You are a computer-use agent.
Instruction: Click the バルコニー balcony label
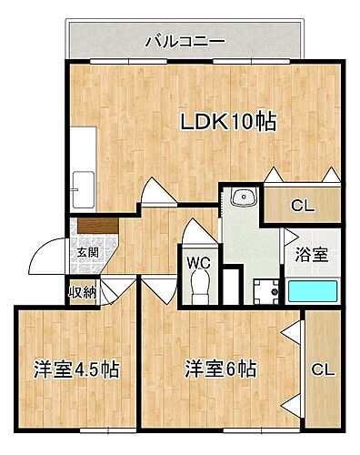pyautogui.click(x=185, y=40)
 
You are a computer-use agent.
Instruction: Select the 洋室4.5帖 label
pyautogui.click(x=77, y=370)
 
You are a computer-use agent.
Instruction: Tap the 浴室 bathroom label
pyautogui.click(x=311, y=256)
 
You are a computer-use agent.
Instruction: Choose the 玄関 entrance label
pyautogui.click(x=87, y=251)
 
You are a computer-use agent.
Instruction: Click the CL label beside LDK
pyautogui.click(x=302, y=207)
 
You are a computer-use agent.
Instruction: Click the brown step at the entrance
pyautogui.click(x=95, y=224)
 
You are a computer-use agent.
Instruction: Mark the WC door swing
pyautogui.click(x=197, y=232)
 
